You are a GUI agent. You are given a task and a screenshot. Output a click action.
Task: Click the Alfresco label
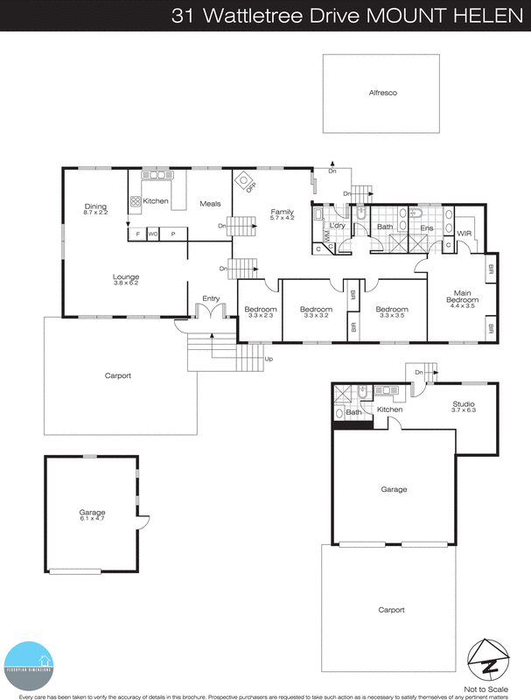(x=382, y=92)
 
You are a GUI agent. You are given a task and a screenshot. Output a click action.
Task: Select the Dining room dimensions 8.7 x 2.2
(x=95, y=213)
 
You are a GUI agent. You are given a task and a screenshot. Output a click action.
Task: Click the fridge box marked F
(x=138, y=234)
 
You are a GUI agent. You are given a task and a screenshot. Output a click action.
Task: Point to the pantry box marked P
(x=172, y=234)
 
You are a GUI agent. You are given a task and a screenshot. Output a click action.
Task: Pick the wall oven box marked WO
(x=153, y=234)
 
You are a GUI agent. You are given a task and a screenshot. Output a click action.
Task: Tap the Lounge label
(x=126, y=276)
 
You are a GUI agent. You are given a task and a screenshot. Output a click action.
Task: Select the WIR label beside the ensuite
(x=465, y=233)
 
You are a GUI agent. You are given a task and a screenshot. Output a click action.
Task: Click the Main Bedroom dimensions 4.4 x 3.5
(x=463, y=305)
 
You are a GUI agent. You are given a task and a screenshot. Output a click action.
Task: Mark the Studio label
(x=463, y=403)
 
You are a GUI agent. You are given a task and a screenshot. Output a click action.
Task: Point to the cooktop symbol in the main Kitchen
(x=136, y=201)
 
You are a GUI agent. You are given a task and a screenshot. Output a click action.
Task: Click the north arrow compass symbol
(x=488, y=658)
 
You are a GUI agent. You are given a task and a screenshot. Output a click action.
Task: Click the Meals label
(x=210, y=203)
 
